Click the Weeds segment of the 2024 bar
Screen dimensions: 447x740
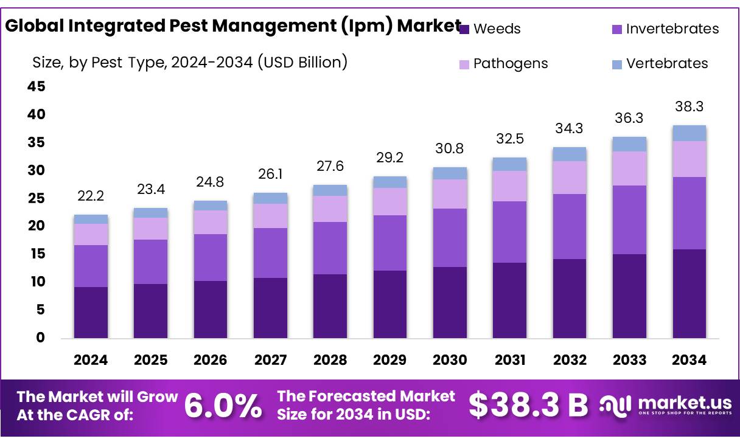click(x=91, y=312)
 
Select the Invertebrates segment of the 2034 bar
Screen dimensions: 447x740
click(x=689, y=213)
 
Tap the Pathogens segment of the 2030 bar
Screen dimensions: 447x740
click(x=450, y=193)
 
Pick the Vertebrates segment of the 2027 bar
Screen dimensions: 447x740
click(x=270, y=198)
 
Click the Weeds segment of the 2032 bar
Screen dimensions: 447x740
click(x=570, y=298)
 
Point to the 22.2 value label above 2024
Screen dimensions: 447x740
click(x=91, y=196)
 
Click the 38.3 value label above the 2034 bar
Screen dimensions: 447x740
click(x=689, y=106)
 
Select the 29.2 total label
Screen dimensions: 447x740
click(x=390, y=158)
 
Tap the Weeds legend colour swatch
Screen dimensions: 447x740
click(x=464, y=29)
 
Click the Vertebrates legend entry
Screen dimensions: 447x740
click(x=667, y=63)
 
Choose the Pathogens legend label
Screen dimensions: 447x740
click(x=511, y=63)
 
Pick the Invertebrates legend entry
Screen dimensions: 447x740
click(x=672, y=29)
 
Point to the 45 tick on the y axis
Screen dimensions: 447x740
click(x=37, y=87)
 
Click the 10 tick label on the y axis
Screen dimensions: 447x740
click(x=37, y=282)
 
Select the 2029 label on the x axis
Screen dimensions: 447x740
click(x=390, y=360)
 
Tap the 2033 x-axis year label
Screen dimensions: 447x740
click(x=629, y=360)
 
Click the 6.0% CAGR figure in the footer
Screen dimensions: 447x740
click(x=223, y=406)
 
